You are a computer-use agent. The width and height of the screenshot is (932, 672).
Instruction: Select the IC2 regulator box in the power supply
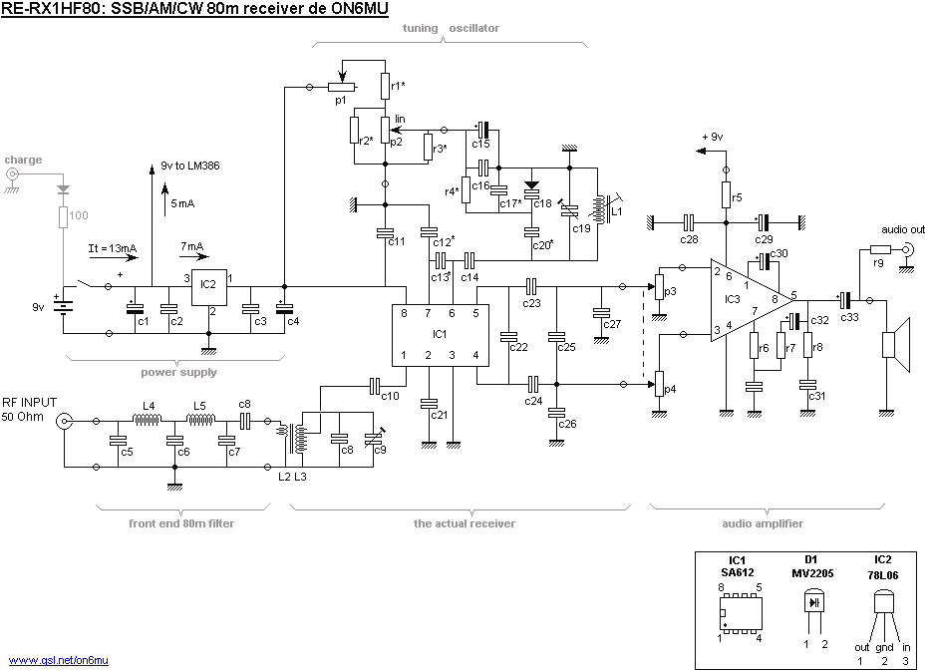tap(210, 288)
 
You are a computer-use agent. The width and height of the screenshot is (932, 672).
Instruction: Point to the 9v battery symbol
tap(66, 307)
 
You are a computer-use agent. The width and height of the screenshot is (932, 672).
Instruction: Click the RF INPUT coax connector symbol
tap(64, 421)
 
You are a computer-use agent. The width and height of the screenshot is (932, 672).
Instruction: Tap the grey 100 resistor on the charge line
tap(65, 216)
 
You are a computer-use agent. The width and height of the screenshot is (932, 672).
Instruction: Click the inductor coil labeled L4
tap(148, 421)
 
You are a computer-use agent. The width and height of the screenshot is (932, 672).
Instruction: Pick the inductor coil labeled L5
tap(203, 421)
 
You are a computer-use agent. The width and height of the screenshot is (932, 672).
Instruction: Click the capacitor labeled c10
tap(376, 384)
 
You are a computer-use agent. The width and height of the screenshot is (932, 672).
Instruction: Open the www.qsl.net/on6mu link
tap(58, 660)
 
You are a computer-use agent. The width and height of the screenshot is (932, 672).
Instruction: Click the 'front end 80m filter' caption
tap(182, 522)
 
